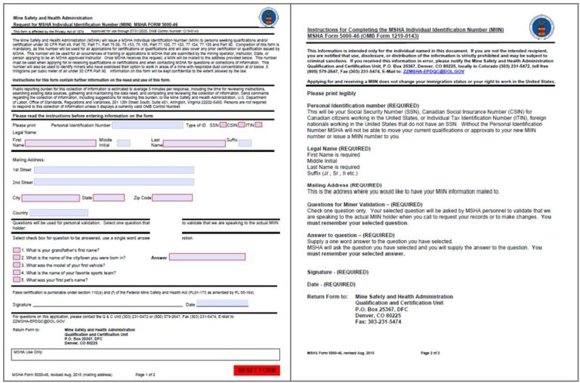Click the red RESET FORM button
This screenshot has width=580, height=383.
pyautogui.click(x=257, y=370)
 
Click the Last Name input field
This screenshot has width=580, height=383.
pyautogui.click(x=194, y=142)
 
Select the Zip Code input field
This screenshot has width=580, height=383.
pyautogui.click(x=173, y=198)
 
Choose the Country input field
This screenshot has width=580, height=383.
pyautogui.click(x=59, y=213)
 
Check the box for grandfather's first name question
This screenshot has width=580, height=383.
pyautogui.click(x=17, y=249)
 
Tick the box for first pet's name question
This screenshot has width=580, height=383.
pyautogui.click(x=17, y=279)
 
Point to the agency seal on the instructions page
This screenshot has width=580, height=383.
pyautogui.click(x=540, y=27)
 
